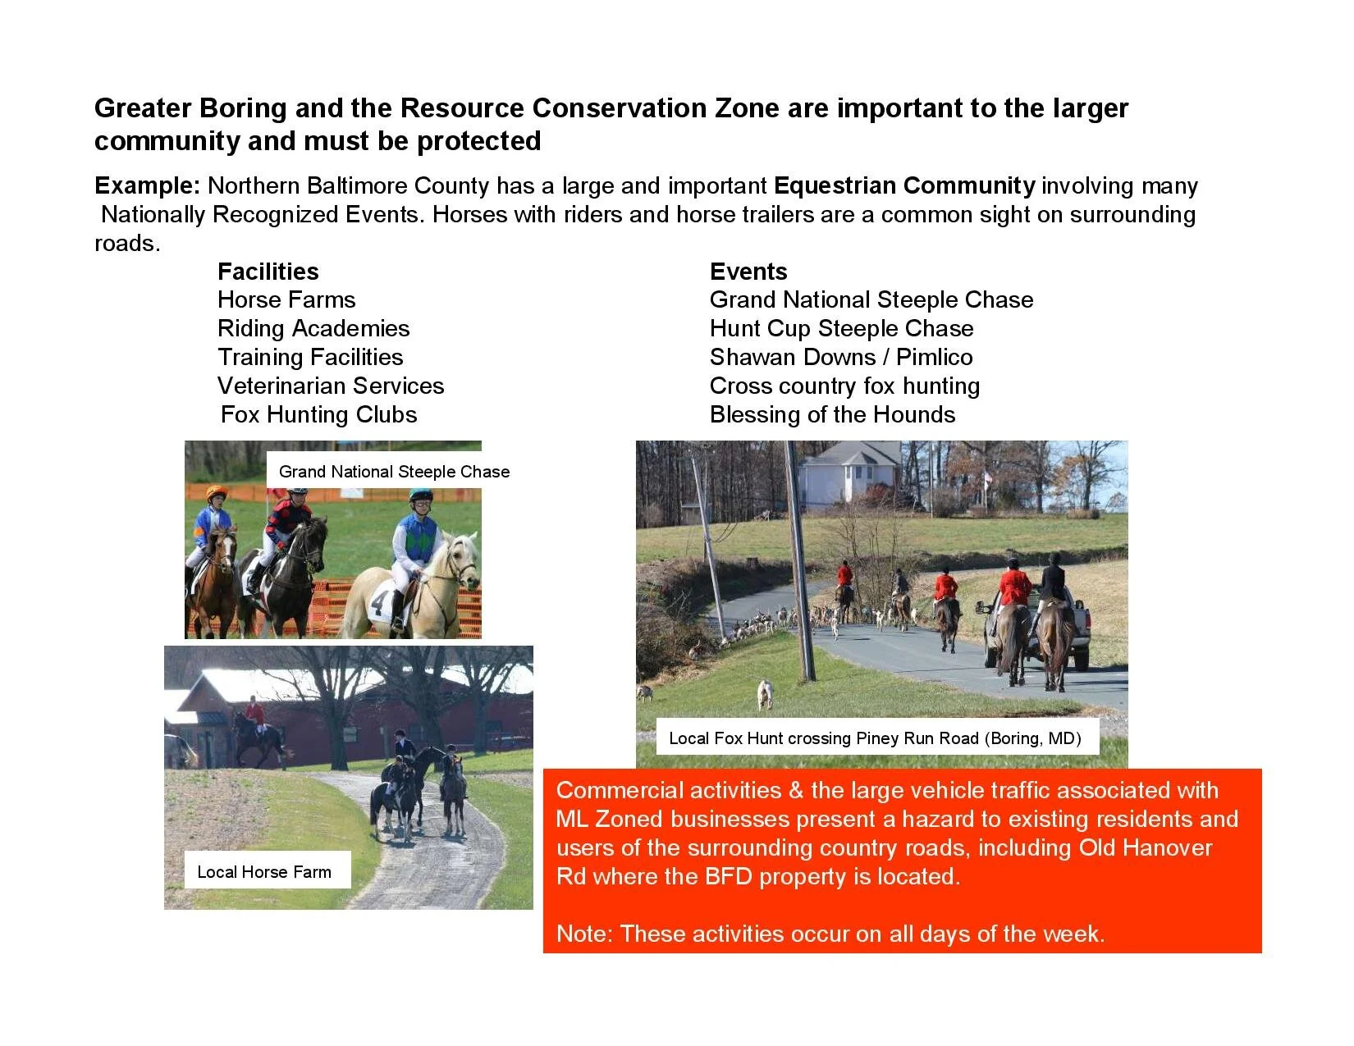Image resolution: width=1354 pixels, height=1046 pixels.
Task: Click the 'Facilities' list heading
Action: pyautogui.click(x=268, y=272)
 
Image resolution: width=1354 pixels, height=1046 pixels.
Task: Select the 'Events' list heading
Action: pyautogui.click(x=748, y=272)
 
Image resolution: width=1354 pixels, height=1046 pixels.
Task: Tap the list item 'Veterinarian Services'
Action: pyautogui.click(x=330, y=386)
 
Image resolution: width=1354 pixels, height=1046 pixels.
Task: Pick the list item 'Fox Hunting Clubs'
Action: pyautogui.click(x=318, y=414)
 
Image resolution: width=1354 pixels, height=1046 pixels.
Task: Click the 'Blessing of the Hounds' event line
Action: pyautogui.click(x=832, y=414)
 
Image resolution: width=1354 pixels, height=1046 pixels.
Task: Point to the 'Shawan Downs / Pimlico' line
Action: pyautogui.click(x=840, y=357)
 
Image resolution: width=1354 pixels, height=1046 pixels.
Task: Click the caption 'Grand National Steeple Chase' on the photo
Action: pyautogui.click(x=394, y=472)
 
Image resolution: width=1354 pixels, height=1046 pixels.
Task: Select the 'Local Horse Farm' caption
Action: pyautogui.click(x=264, y=872)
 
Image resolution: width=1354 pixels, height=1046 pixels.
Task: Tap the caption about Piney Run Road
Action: pyautogui.click(x=875, y=738)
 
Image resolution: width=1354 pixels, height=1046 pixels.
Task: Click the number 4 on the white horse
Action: pyautogui.click(x=377, y=603)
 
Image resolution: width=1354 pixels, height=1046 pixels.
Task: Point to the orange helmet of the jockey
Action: pyautogui.click(x=216, y=492)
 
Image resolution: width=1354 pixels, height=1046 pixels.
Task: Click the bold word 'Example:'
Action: pyautogui.click(x=147, y=185)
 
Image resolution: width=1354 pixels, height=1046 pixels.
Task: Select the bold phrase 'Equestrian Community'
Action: pyautogui.click(x=903, y=185)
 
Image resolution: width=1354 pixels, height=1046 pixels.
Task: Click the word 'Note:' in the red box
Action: pyautogui.click(x=584, y=934)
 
